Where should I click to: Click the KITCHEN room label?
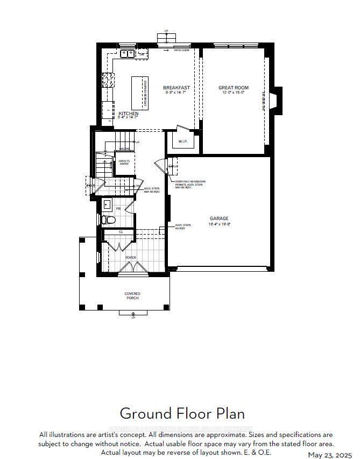click(129, 114)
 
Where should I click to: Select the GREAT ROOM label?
click(231, 87)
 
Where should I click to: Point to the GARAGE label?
click(220, 218)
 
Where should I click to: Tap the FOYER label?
click(131, 258)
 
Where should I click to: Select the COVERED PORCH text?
click(133, 295)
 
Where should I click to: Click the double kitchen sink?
click(127, 53)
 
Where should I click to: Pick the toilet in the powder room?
click(108, 220)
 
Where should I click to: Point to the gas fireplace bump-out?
click(276, 101)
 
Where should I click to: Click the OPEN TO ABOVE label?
click(124, 162)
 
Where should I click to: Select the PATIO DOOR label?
click(181, 50)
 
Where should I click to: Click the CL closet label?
click(121, 232)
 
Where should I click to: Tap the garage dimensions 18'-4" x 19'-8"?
click(220, 224)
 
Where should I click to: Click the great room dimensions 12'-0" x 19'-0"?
click(231, 93)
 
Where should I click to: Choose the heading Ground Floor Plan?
click(182, 413)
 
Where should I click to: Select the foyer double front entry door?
click(131, 274)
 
